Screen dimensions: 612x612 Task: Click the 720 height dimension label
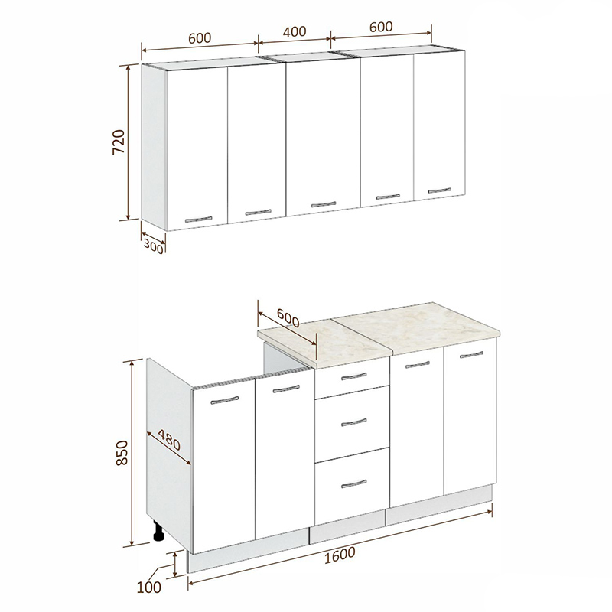pyautogui.click(x=119, y=142)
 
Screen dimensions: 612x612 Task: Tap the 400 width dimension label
pyautogui.click(x=295, y=32)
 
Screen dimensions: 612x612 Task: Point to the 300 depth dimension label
pyautogui.click(x=153, y=246)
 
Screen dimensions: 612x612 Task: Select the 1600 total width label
pyautogui.click(x=340, y=555)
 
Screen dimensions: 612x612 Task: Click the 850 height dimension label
pyautogui.click(x=122, y=452)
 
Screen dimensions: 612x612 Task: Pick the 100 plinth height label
pyautogui.click(x=149, y=587)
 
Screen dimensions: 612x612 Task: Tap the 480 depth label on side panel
pyautogui.click(x=169, y=439)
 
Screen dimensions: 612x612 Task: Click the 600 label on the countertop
pyautogui.click(x=288, y=318)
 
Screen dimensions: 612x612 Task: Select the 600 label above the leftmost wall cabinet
pyautogui.click(x=200, y=37)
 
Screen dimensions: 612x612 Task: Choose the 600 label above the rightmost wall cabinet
pyautogui.click(x=381, y=27)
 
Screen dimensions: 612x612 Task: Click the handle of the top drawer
pyautogui.click(x=354, y=376)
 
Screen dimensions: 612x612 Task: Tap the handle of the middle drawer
pyautogui.click(x=354, y=422)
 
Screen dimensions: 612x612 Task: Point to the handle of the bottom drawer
pyautogui.click(x=354, y=483)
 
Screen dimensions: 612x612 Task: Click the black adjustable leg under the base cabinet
pyautogui.click(x=158, y=531)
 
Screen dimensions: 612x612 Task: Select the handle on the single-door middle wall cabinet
pyautogui.click(x=324, y=204)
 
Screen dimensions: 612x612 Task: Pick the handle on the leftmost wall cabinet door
pyautogui.click(x=198, y=220)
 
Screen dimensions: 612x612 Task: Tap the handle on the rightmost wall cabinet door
pyautogui.click(x=439, y=190)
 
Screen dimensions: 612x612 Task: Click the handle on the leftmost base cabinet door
pyautogui.click(x=224, y=400)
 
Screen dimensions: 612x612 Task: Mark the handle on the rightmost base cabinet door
pyautogui.click(x=471, y=355)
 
